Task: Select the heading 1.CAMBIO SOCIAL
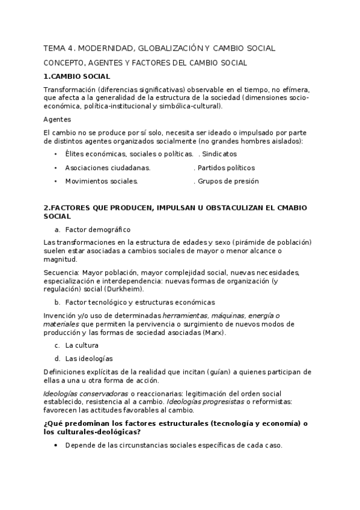tap(76, 76)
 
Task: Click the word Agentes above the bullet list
tap(58, 119)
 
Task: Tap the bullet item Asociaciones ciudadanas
tap(108, 168)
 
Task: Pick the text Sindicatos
tap(220, 155)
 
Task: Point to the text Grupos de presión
tap(228, 181)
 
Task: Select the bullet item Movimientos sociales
tap(102, 181)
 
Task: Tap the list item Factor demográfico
tap(97, 229)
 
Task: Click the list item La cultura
tap(82, 345)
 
